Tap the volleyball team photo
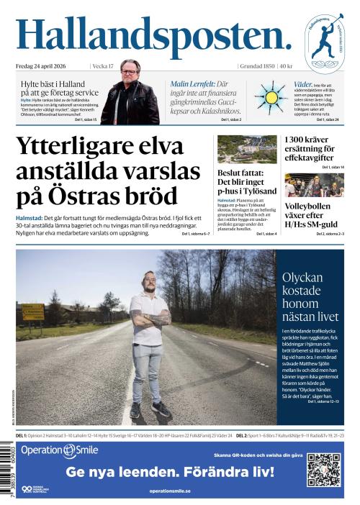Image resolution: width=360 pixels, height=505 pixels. (x=313, y=185)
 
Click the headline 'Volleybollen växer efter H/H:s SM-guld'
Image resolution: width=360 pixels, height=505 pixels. (x=313, y=214)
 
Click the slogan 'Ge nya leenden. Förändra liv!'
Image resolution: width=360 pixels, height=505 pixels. (x=170, y=473)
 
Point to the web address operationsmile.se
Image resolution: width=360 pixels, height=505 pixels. (x=170, y=491)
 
